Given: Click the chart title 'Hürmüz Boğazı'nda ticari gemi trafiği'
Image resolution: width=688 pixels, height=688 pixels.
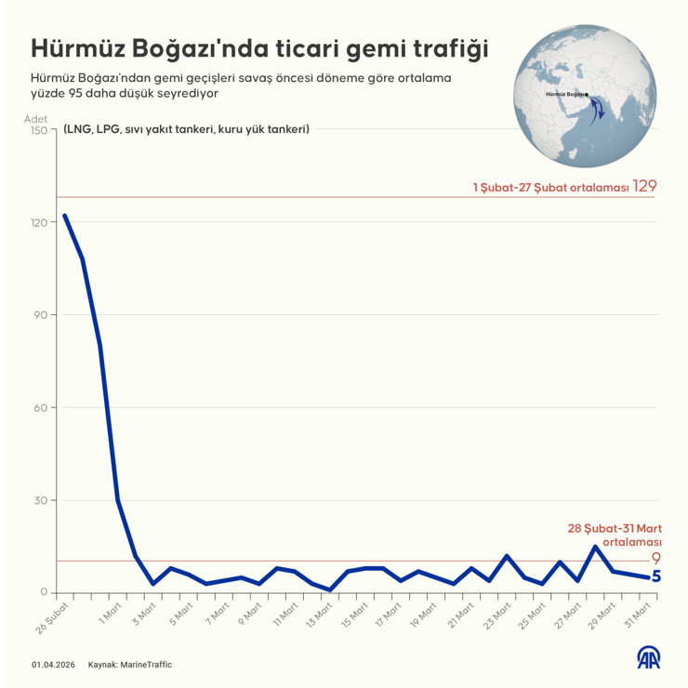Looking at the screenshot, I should pos(259,48).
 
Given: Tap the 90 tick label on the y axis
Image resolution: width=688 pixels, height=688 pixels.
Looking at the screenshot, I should pos(40,315).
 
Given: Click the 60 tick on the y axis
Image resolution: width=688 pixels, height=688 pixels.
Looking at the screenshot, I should pos(40,407).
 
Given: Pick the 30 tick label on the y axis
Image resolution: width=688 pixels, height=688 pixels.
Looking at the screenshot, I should pos(40,500).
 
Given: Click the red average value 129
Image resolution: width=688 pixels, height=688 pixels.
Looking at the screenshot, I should pos(644,187).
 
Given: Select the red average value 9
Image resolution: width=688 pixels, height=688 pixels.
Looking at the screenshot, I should pos(655,559).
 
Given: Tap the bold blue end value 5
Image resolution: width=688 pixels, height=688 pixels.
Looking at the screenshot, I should pos(655,576).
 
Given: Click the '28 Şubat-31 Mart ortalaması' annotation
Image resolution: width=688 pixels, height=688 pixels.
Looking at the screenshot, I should pos(615,535).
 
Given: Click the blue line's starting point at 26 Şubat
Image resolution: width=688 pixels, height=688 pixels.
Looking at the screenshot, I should pos(64,216).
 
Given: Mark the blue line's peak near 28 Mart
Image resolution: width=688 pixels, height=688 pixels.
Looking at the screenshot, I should pos(595,546).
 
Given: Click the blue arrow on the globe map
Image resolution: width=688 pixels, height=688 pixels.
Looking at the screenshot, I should pos(598,110).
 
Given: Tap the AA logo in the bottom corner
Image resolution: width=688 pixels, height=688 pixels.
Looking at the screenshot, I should pos(648,659).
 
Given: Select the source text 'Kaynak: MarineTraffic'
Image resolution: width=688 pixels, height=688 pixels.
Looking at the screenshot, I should pos(130,665).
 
